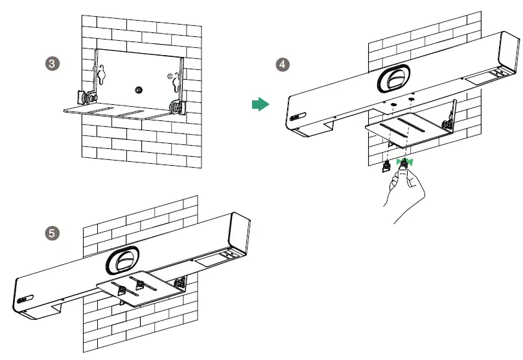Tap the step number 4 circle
click(282, 64)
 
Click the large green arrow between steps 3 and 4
click(260, 105)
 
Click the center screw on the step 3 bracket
click(137, 89)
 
